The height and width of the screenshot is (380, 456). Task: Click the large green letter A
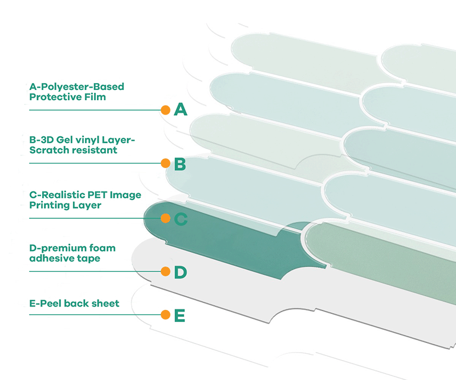click(x=181, y=109)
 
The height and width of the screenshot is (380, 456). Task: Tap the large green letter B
click(x=180, y=165)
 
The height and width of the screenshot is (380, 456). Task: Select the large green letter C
click(x=181, y=219)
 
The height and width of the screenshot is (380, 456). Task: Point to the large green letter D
click(x=180, y=273)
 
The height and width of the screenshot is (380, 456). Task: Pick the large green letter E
click(x=180, y=315)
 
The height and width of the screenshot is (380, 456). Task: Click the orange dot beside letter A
click(x=165, y=109)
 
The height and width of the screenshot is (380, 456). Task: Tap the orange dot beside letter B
click(x=165, y=164)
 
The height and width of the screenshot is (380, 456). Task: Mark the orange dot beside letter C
click(x=165, y=218)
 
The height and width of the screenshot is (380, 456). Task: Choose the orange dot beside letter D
click(x=165, y=272)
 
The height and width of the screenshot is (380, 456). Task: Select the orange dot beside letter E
click(x=165, y=314)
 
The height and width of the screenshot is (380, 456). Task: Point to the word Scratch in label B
click(x=50, y=150)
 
